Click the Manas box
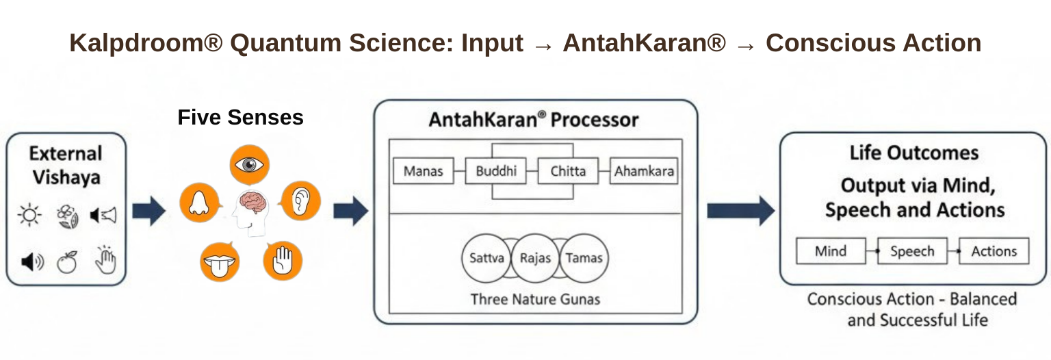pos(423,171)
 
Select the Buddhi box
pos(496,171)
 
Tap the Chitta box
pos(568,171)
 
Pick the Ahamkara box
pos(643,171)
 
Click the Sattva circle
pos(486,258)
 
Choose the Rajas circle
pos(535,258)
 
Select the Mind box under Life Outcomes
pos(830,251)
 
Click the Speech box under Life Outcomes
pos(911,251)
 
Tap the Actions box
pos(994,251)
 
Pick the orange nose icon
pos(199,203)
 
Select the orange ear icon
pos(300,201)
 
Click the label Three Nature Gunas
pos(535,299)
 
